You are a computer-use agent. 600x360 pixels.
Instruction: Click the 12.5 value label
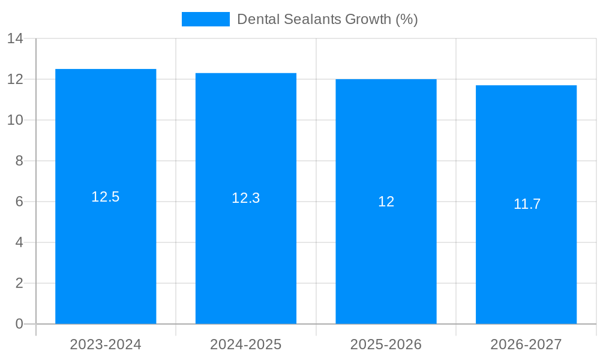click(106, 197)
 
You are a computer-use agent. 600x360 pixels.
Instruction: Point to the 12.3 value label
click(246, 198)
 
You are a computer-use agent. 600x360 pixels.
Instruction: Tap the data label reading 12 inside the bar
click(386, 202)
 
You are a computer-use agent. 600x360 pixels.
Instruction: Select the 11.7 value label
click(527, 204)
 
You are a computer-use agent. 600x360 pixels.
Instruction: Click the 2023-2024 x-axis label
click(106, 344)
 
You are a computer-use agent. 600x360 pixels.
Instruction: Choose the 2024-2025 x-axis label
click(246, 344)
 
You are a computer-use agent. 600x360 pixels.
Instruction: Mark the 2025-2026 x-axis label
click(386, 344)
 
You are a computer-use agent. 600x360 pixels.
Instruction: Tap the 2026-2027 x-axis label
click(526, 344)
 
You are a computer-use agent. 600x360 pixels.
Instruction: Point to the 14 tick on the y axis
click(15, 38)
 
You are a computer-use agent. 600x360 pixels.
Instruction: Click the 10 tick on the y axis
click(15, 120)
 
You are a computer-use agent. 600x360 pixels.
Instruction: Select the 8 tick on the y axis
click(19, 161)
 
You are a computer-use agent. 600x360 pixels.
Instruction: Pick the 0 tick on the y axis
click(19, 324)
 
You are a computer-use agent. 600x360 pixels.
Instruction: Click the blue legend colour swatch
click(205, 19)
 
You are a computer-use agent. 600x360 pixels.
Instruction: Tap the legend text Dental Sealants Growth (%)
click(327, 19)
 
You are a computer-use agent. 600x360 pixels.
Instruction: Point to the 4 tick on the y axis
click(19, 242)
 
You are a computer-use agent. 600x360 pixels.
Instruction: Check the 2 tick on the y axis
click(19, 283)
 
